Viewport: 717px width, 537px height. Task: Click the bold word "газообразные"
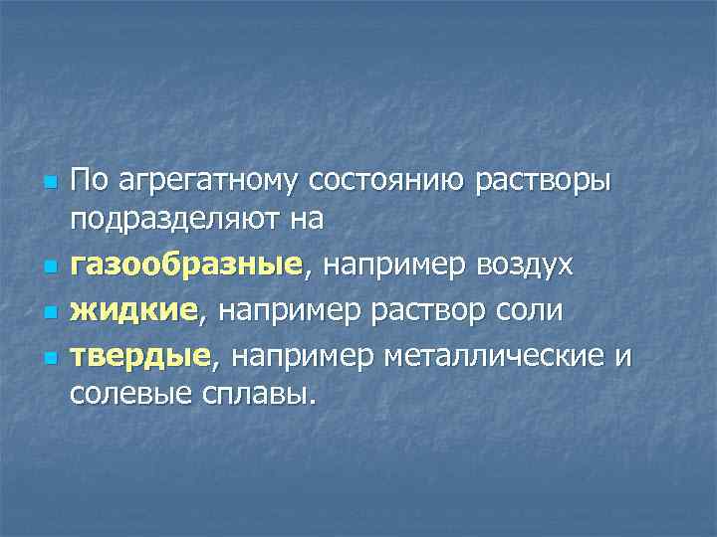(185, 265)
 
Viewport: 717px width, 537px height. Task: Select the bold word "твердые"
(139, 354)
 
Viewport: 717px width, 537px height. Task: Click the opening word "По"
(88, 182)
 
